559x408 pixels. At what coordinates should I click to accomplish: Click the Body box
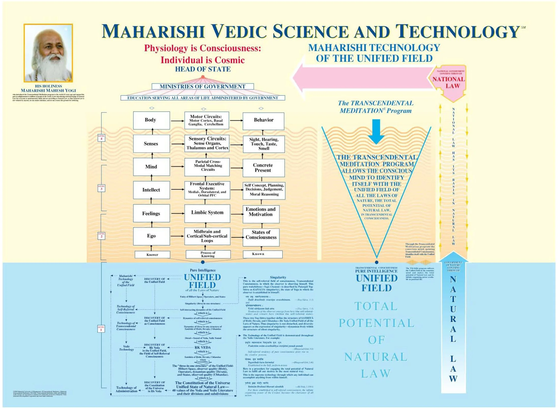tap(151, 120)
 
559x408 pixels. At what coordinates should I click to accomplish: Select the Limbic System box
tap(207, 213)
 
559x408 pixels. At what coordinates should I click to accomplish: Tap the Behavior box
tap(263, 120)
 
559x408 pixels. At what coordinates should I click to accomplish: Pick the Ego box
tap(151, 236)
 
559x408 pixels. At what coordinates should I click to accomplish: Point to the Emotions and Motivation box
tap(261, 212)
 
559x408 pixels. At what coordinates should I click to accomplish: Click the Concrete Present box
tap(263, 168)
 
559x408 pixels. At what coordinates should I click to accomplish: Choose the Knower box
tap(152, 255)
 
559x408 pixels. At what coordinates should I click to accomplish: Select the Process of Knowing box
tap(208, 254)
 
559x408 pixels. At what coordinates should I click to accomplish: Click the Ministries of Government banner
tap(203, 86)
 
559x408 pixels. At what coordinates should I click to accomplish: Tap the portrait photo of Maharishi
tap(48, 53)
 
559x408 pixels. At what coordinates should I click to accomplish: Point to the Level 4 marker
tap(101, 138)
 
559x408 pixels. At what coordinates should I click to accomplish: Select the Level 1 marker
tap(101, 329)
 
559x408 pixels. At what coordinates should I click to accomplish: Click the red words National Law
tap(449, 82)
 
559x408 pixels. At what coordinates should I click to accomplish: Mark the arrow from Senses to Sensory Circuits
tap(177, 144)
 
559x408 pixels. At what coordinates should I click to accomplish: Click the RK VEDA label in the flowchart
tap(203, 347)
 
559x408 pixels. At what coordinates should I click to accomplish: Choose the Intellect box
tap(151, 190)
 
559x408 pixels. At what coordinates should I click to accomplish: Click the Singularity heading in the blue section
tap(278, 277)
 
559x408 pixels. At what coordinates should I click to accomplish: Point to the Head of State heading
tap(203, 69)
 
